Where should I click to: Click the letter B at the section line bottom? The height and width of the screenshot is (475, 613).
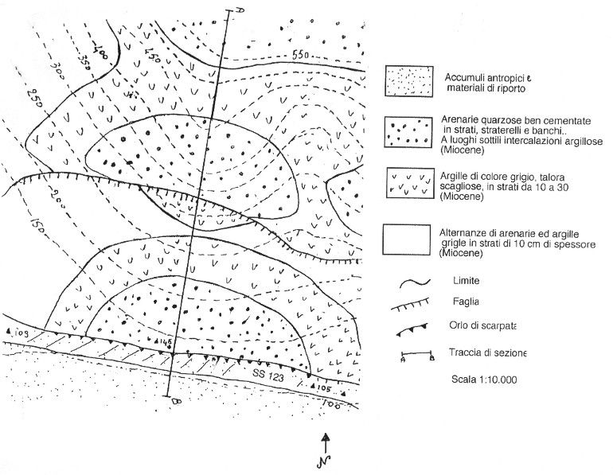pos(176,403)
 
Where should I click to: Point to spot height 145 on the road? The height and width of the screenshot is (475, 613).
pos(166,343)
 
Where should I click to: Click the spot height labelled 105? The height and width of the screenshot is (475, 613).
pos(320,387)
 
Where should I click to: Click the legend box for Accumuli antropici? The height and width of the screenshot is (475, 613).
pos(410,81)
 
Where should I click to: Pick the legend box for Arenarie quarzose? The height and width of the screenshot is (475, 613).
pos(410,132)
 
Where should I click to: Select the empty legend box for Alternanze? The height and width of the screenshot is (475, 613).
pos(410,239)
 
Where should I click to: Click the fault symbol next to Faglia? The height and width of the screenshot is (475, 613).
pos(414,304)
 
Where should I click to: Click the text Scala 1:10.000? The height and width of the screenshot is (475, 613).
pos(483,380)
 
